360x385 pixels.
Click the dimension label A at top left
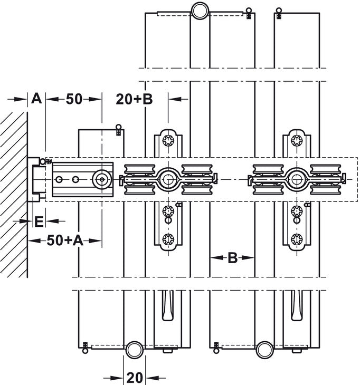pyautogui.click(x=36, y=98)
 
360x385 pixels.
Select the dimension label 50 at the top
pyautogui.click(x=73, y=98)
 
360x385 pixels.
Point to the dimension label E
pyautogui.click(x=38, y=221)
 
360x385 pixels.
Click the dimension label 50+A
pyautogui.click(x=64, y=240)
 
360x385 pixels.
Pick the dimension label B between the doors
pyautogui.click(x=232, y=258)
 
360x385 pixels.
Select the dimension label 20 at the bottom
pyautogui.click(x=135, y=377)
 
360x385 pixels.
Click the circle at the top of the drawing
pyautogui.click(x=200, y=10)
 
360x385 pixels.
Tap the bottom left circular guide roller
pyautogui.click(x=134, y=349)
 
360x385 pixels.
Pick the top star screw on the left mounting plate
pyautogui.click(x=168, y=141)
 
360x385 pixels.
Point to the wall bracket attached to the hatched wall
pyautogui.click(x=35, y=180)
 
